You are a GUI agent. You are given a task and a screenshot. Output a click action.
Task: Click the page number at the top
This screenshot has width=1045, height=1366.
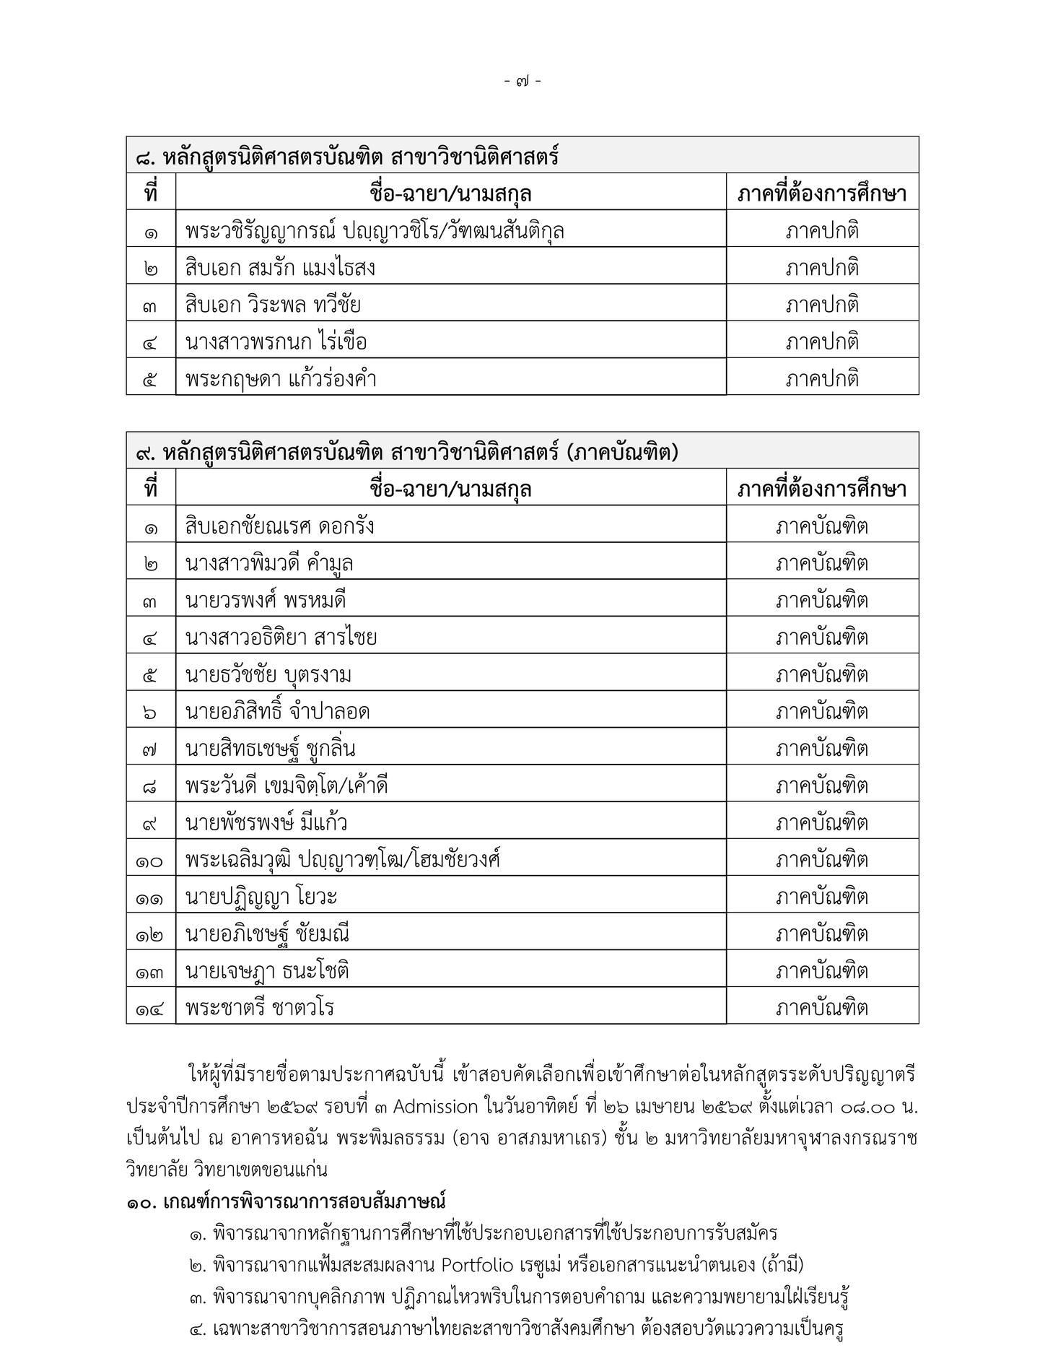tap(523, 82)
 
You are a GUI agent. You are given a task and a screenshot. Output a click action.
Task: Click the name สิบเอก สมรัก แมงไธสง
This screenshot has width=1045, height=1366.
tap(280, 269)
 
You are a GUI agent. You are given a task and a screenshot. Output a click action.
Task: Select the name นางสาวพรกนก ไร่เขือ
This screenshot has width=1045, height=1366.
tap(276, 342)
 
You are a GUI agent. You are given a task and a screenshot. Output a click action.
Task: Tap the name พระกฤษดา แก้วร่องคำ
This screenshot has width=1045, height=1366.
tap(281, 380)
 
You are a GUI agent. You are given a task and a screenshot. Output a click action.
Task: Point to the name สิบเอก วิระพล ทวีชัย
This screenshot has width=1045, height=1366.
tap(273, 305)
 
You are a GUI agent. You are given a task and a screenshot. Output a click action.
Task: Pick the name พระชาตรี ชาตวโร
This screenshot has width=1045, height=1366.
tap(260, 1009)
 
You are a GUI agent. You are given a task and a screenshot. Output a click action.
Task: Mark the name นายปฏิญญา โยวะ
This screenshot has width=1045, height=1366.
tap(261, 897)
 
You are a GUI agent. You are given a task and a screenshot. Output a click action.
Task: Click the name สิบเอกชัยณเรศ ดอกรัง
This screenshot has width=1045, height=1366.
tap(280, 526)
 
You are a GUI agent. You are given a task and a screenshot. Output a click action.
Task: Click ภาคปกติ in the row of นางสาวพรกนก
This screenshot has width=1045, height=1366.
tap(822, 342)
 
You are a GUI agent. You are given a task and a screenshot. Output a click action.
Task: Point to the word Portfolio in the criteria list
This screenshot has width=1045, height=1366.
tap(477, 1266)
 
